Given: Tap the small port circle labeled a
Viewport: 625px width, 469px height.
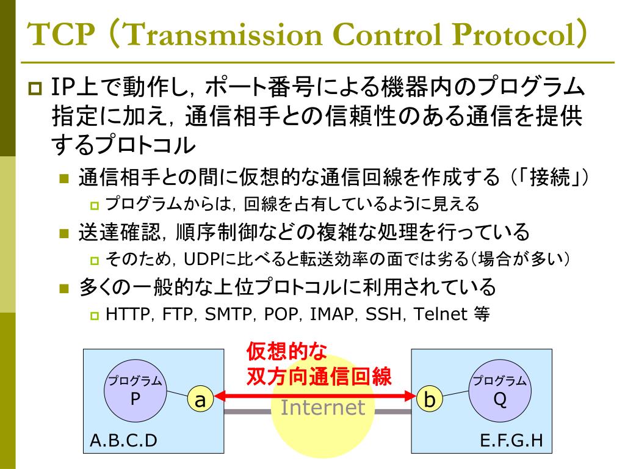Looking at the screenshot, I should point(200,400).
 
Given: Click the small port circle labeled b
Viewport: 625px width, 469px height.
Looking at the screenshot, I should point(430,400).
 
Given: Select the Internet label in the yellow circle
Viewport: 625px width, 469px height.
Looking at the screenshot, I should point(322,408).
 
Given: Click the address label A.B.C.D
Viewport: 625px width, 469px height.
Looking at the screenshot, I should point(123,440).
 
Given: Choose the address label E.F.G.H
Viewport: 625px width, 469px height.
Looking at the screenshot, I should point(511,440).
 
